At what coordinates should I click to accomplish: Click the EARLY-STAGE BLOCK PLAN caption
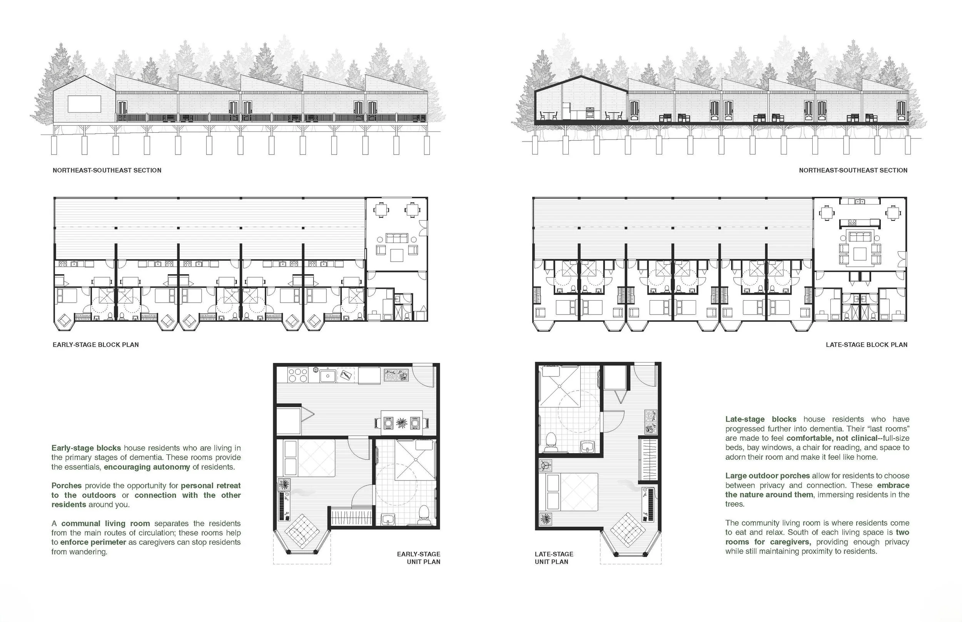click(96, 344)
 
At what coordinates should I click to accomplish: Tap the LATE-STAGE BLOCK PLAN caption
click(867, 344)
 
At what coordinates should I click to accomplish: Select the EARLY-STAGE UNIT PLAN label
click(419, 558)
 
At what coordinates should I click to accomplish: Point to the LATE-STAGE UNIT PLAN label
click(554, 558)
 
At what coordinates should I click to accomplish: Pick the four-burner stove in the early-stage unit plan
click(298, 375)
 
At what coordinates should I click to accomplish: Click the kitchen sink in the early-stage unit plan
click(328, 375)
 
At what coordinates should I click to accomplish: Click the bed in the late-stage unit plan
click(572, 492)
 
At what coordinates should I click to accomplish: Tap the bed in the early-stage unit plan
click(309, 458)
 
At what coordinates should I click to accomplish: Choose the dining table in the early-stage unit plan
click(402, 423)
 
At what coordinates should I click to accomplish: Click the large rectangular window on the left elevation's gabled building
click(84, 104)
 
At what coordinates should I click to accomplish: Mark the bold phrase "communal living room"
click(105, 524)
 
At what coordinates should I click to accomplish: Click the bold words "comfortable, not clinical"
click(832, 438)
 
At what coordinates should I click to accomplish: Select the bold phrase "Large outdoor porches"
click(768, 476)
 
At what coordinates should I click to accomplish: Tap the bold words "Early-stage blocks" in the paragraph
click(86, 448)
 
